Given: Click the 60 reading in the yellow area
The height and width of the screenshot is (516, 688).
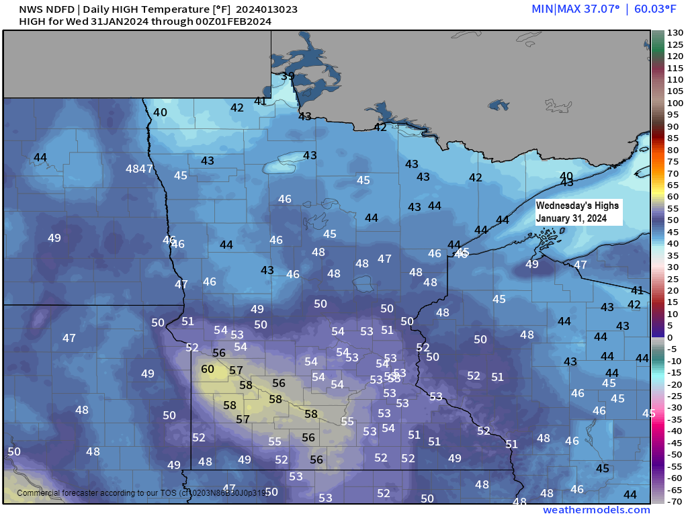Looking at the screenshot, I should (x=208, y=369).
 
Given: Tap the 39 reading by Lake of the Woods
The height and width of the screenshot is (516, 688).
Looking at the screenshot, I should (x=288, y=76).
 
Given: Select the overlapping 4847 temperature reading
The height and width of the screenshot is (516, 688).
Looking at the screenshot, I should (x=139, y=169).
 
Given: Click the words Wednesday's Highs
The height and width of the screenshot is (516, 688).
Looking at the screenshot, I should (x=577, y=205).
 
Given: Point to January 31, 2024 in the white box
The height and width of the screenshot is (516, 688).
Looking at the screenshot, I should (x=572, y=218).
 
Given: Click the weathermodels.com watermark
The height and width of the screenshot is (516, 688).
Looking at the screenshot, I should (x=597, y=510).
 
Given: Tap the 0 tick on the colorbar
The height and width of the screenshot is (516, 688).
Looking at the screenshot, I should (x=670, y=337).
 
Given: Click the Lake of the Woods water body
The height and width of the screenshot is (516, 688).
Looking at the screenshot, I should (x=310, y=67).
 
